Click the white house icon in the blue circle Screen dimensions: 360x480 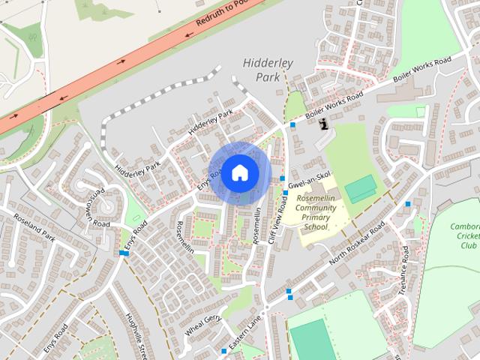click(239, 172)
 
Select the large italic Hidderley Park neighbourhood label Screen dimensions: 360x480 click(267, 70)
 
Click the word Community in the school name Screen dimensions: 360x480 click(316, 208)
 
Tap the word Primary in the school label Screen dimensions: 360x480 click(316, 217)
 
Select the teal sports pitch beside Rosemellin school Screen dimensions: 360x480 click(360, 187)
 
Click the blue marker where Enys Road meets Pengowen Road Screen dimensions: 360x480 click(124, 253)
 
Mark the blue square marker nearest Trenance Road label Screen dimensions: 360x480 click(408, 204)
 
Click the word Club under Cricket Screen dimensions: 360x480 click(469, 246)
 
